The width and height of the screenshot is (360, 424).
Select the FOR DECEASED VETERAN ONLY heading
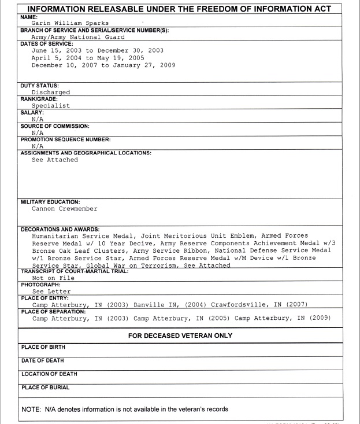(180, 335)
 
